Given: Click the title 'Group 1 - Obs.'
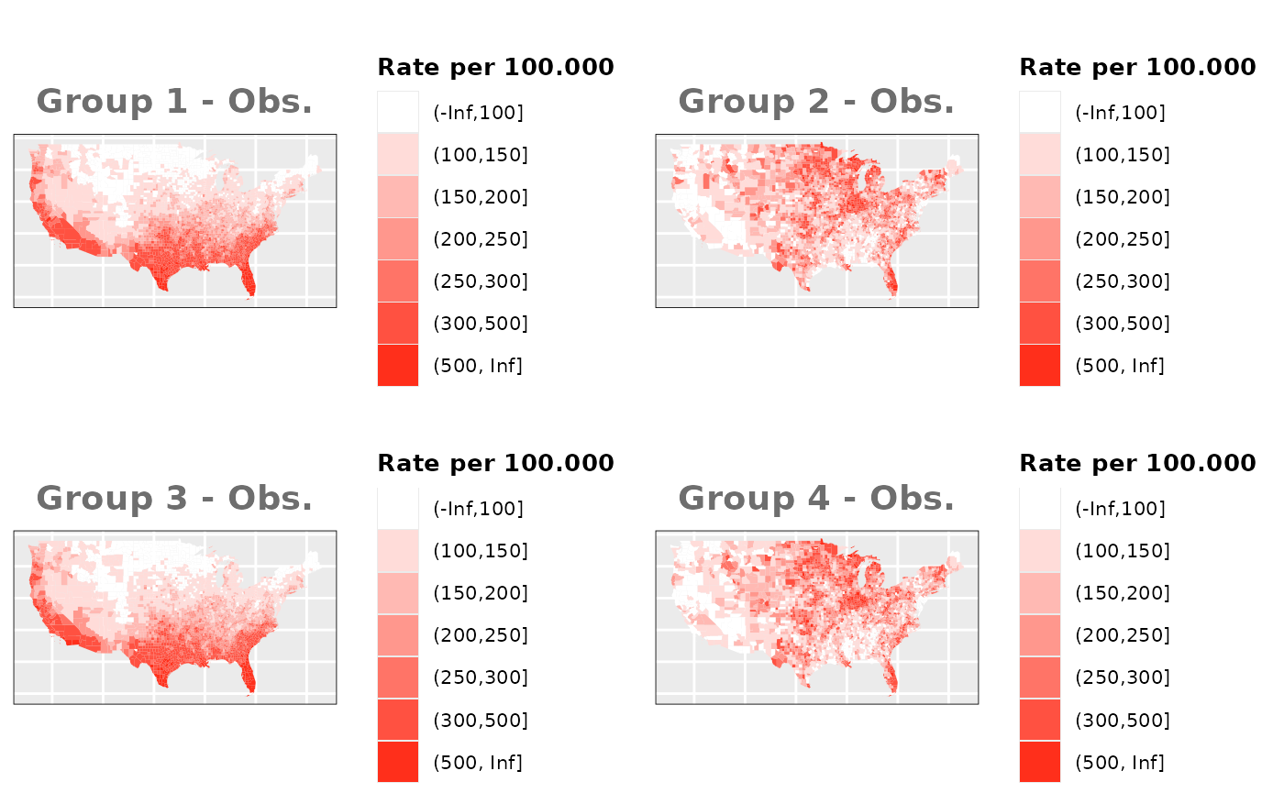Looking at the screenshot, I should pos(174,101).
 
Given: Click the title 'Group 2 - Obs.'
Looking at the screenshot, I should pos(816,101).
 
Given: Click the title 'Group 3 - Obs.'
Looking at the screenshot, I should pos(174,498).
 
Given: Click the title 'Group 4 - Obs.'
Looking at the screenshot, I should pos(816,498).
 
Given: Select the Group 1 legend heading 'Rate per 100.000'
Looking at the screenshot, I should pos(495,67).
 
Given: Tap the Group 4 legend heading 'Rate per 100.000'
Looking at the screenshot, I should pos(1137,463).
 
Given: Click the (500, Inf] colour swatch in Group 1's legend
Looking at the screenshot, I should pos(398,366).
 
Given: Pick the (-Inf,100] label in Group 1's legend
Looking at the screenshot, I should pos(478,113).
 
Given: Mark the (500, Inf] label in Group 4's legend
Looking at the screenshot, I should pos(1120,762).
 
